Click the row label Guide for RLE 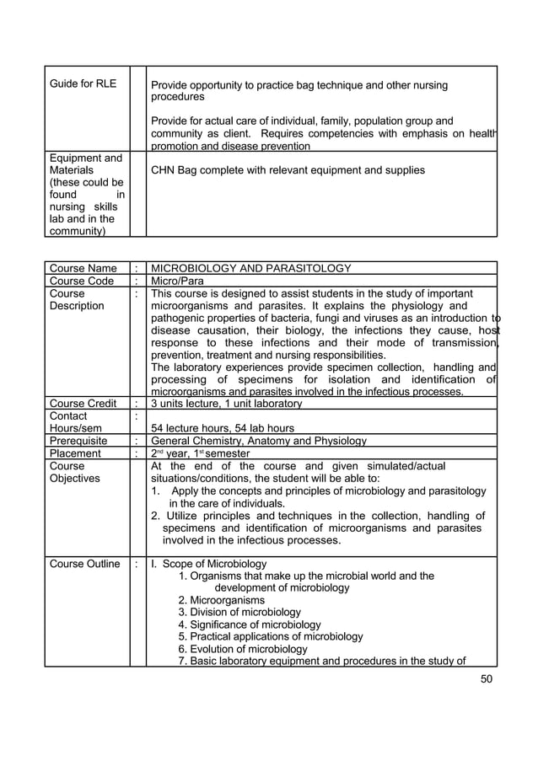82,84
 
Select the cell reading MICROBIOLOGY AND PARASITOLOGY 250,269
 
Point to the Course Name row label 83,269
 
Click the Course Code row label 83,281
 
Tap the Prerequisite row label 79,440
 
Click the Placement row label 75,453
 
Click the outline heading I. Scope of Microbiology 207,564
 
